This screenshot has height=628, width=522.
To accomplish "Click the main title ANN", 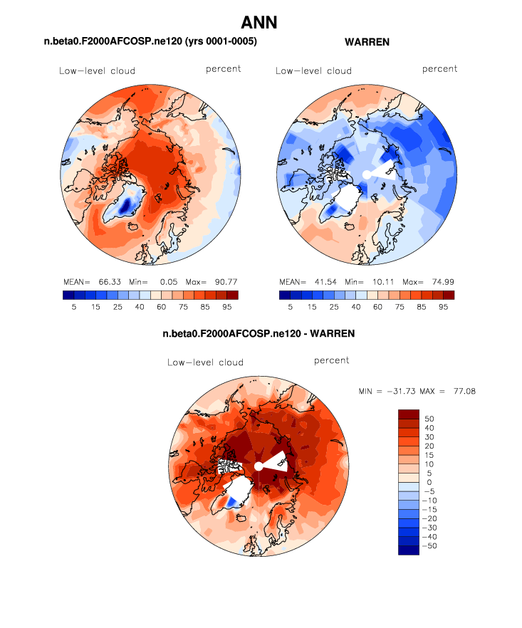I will (x=259, y=23).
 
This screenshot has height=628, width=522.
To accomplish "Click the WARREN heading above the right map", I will (x=367, y=43).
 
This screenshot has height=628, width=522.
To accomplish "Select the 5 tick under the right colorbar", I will (x=290, y=306).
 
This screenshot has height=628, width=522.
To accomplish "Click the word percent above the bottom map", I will (x=331, y=360).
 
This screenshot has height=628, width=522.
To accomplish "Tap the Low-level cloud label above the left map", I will (x=97, y=70).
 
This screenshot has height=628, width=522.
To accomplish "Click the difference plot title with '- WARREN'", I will (x=259, y=333).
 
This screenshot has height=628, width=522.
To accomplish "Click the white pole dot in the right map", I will (x=366, y=174).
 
